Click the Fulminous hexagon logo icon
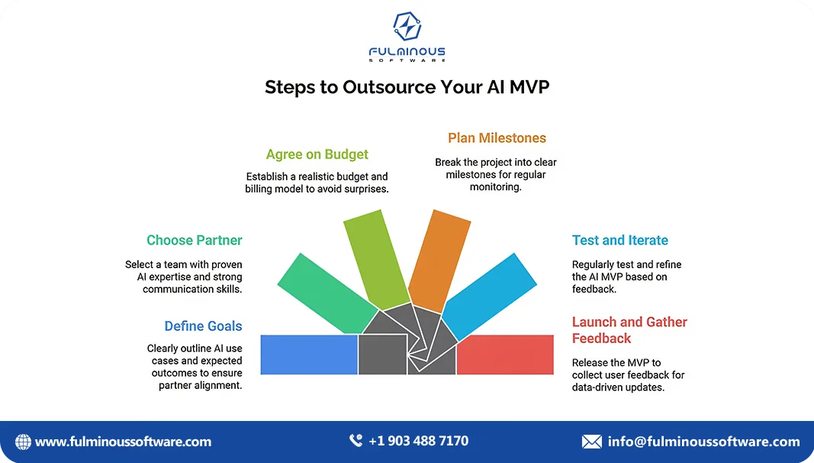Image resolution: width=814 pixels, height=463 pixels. coord(407,26)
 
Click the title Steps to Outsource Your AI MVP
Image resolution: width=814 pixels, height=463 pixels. coord(407,87)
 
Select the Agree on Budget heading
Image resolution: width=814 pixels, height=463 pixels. coord(317,154)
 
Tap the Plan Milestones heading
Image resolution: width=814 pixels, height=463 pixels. coord(497,138)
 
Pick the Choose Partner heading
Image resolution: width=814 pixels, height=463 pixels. coord(195,240)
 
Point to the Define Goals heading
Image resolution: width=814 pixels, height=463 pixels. coord(203,325)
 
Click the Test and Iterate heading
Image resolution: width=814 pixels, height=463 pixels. coord(619,240)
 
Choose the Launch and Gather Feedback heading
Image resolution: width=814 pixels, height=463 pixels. coord(629,330)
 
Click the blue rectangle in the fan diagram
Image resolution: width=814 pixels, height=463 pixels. coord(309,355)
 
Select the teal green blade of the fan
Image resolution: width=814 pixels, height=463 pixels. coord(327,293)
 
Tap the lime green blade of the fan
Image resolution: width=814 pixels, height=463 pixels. coord(376,259)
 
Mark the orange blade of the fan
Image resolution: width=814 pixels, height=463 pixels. coord(439,261)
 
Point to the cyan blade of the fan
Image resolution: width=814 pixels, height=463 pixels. coord(489,296)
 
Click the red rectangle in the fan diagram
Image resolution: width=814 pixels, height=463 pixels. coord(505,355)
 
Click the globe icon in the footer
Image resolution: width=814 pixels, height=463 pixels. coord(23,442)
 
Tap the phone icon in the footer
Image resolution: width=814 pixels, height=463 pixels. coord(356,441)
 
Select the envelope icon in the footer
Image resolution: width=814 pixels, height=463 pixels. coord(592,442)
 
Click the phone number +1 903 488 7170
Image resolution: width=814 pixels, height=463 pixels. coord(418,441)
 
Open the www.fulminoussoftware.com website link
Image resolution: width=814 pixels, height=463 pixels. coord(123,442)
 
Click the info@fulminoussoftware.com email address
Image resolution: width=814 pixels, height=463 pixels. coord(704,442)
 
